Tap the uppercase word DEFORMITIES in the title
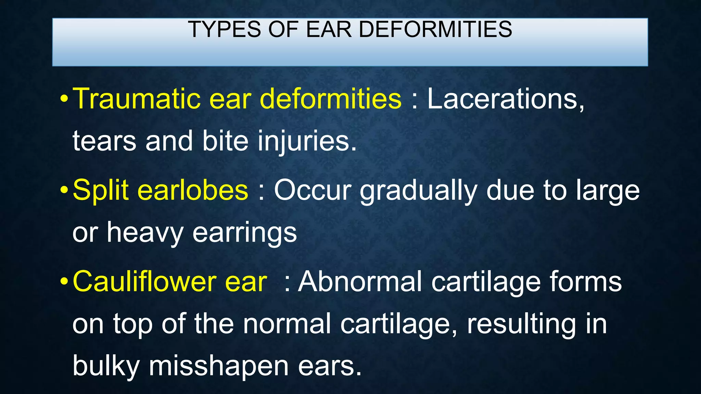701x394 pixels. pos(435,29)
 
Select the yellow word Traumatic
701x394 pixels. pos(136,99)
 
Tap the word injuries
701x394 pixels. pos(307,141)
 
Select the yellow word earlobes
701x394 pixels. pos(193,190)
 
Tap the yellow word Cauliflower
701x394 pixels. pos(144,281)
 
